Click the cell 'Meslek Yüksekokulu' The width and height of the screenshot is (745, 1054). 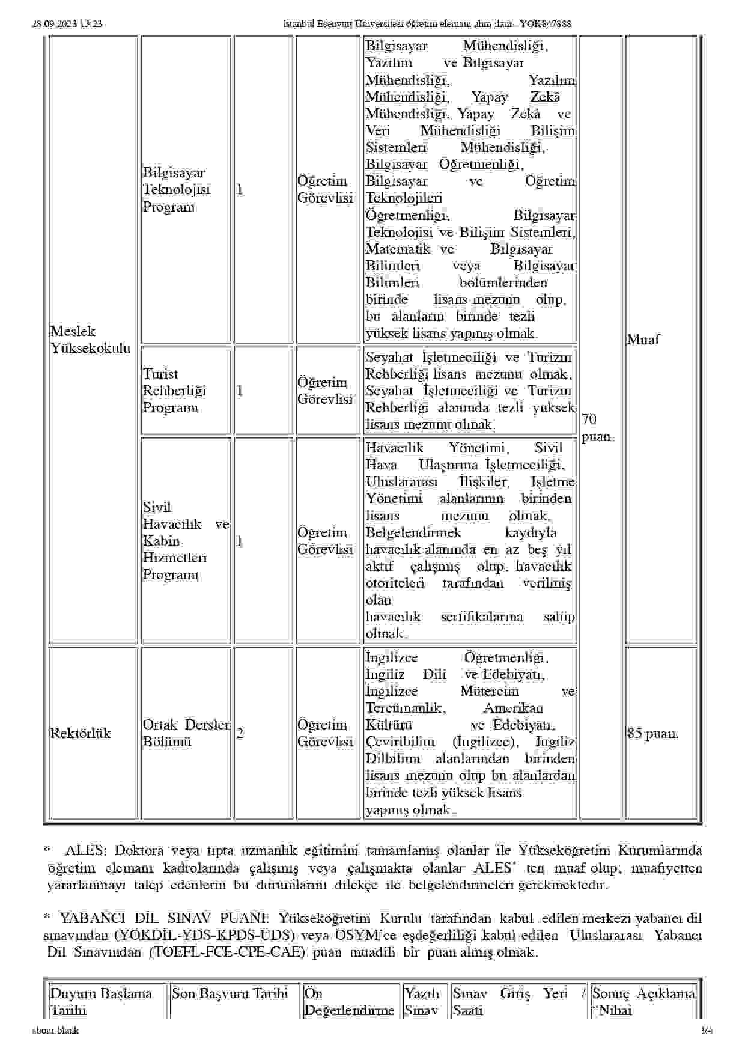pyautogui.click(x=90, y=340)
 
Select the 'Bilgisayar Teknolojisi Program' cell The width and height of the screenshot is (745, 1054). pyautogui.click(x=177, y=190)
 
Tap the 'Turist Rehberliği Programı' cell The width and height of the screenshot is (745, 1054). pyautogui.click(x=174, y=391)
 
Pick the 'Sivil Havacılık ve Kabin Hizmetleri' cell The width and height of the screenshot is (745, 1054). pyautogui.click(x=186, y=541)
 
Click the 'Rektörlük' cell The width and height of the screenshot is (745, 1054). pyautogui.click(x=81, y=733)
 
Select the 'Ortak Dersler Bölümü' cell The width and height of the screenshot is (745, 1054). pyautogui.click(x=186, y=733)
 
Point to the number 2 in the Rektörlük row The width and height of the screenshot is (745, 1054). pyautogui.click(x=240, y=733)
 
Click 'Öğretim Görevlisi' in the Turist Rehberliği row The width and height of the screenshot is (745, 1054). pyautogui.click(x=325, y=391)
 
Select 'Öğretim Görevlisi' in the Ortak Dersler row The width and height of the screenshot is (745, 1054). pyautogui.click(x=325, y=733)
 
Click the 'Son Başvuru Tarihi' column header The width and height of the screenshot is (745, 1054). pyautogui.click(x=230, y=993)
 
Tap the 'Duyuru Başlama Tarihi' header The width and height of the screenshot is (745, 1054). pyautogui.click(x=100, y=1002)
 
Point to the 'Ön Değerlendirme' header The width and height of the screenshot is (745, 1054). pyautogui.click(x=349, y=1002)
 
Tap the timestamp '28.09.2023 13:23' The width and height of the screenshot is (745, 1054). pyautogui.click(x=67, y=24)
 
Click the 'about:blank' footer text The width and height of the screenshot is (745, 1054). pyautogui.click(x=55, y=1031)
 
